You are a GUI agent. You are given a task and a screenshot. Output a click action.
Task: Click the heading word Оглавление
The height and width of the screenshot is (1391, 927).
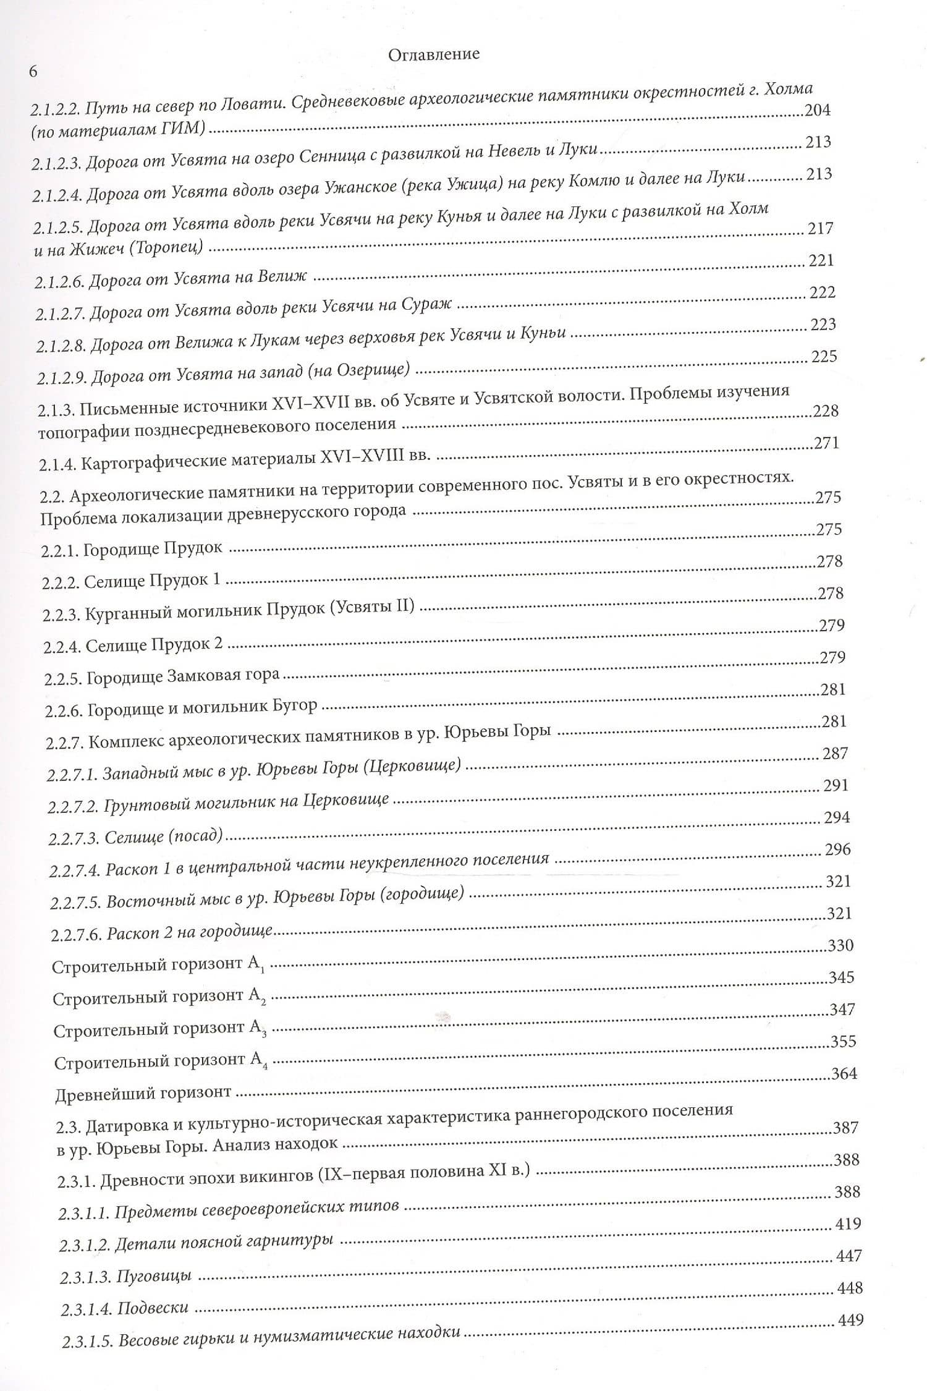click(434, 54)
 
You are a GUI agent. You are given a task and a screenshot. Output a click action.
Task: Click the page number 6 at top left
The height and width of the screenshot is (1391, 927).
click(33, 72)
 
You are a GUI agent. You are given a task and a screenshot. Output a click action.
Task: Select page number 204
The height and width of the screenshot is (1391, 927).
click(817, 111)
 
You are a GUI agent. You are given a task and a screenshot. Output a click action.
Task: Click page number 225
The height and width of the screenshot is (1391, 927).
click(824, 357)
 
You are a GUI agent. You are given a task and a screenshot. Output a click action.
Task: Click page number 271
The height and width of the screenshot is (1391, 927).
click(827, 443)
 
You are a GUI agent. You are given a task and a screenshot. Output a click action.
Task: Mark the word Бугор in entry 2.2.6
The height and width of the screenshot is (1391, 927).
click(296, 705)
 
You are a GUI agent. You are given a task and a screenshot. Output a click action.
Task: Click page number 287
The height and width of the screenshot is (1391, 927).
click(836, 753)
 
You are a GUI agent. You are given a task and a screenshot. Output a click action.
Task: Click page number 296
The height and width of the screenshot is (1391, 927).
click(838, 849)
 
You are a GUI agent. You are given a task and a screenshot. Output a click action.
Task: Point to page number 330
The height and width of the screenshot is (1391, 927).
click(840, 945)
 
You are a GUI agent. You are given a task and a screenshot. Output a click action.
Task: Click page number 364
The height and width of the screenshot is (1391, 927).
click(844, 1073)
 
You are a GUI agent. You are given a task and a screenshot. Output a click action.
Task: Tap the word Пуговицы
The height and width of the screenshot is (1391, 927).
click(154, 1275)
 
